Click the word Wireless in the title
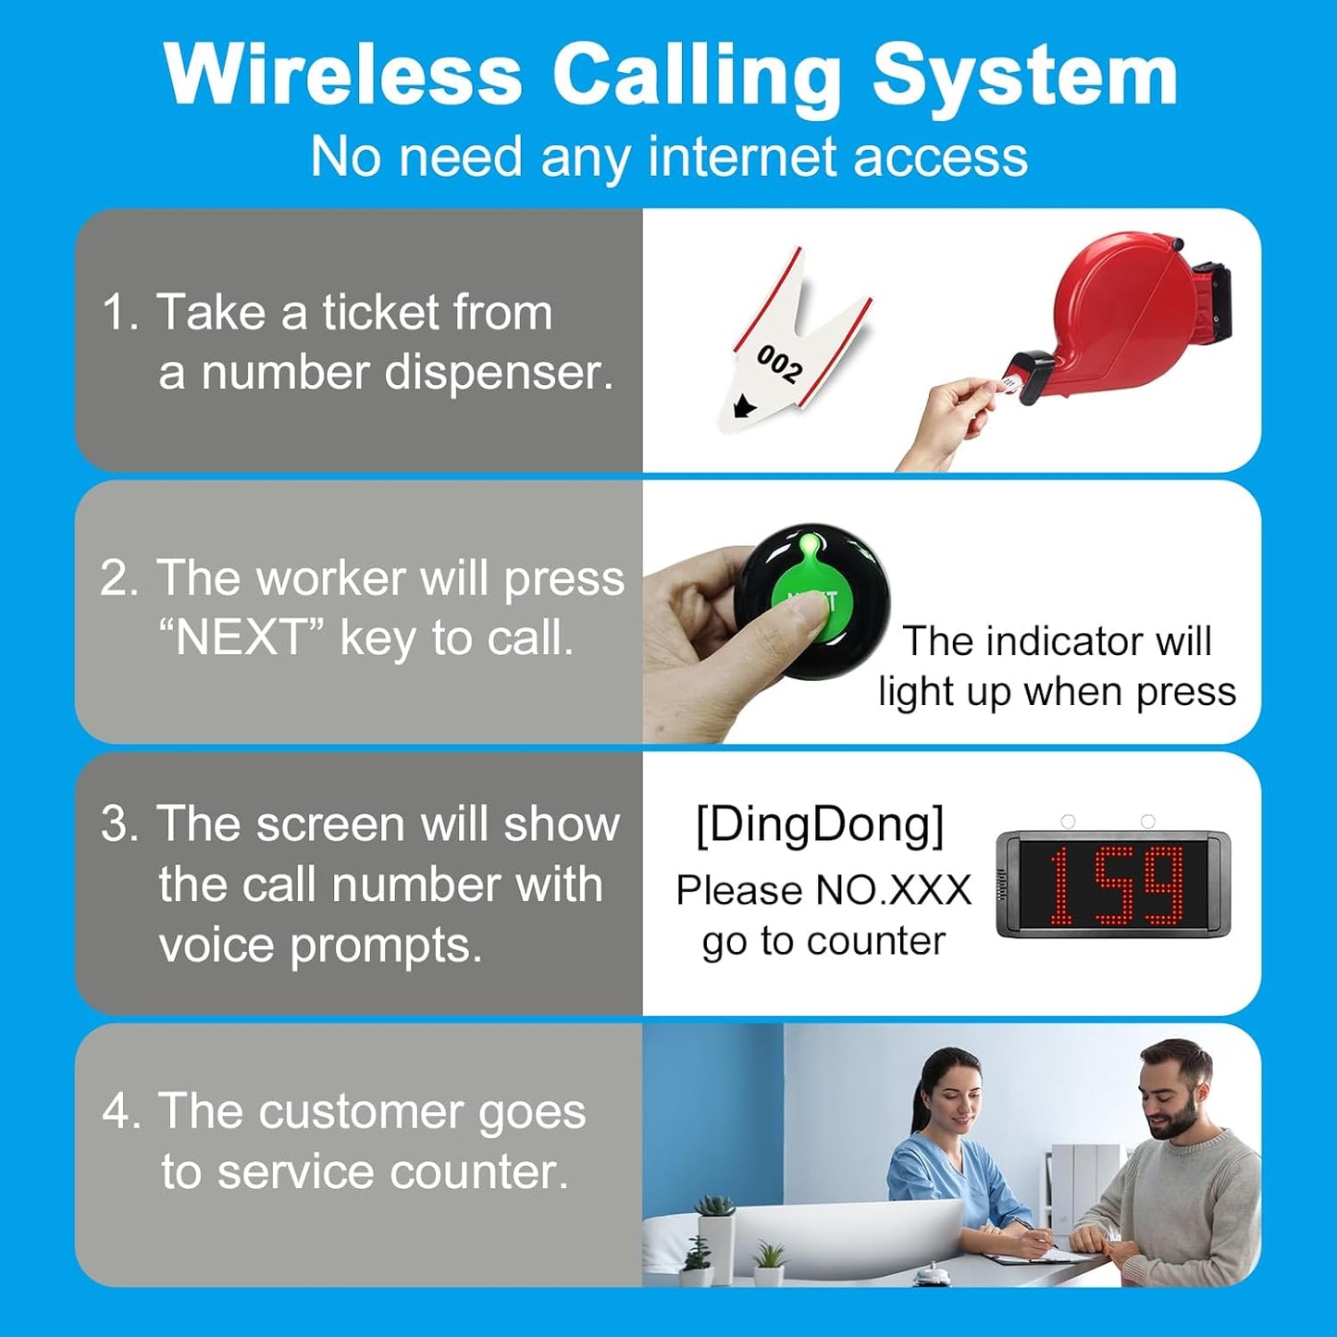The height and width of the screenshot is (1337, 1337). [342, 76]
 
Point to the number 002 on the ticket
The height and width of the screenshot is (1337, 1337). [780, 364]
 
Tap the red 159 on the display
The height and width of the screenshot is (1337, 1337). [1115, 885]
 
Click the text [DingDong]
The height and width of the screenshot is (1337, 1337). [820, 823]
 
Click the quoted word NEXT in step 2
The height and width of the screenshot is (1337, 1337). [241, 638]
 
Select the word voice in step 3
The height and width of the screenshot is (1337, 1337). [217, 946]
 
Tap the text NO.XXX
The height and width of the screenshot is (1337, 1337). [894, 890]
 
